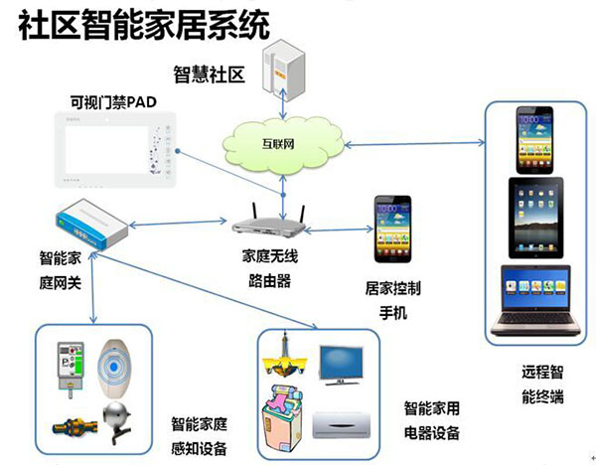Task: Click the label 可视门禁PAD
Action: pyautogui.click(x=115, y=101)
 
